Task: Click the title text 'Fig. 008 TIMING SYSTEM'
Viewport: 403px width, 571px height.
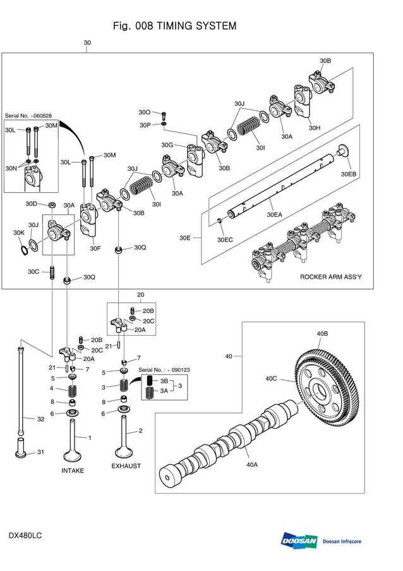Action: click(x=174, y=26)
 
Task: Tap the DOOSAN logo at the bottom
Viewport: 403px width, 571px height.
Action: click(x=299, y=541)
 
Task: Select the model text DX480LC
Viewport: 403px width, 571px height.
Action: click(x=25, y=536)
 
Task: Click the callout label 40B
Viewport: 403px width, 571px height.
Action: click(x=322, y=333)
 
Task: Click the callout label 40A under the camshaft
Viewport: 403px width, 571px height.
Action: click(x=251, y=464)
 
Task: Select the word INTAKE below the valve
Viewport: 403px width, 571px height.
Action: click(x=73, y=470)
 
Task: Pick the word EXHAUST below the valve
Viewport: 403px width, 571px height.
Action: click(x=126, y=466)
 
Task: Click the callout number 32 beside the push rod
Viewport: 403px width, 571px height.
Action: click(x=40, y=419)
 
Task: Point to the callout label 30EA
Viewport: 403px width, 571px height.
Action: click(x=274, y=215)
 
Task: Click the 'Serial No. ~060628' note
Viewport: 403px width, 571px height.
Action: click(x=28, y=116)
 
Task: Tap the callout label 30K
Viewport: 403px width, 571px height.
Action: click(x=18, y=233)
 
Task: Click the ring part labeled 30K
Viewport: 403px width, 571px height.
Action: click(x=24, y=250)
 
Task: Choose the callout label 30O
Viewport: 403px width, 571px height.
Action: click(x=145, y=112)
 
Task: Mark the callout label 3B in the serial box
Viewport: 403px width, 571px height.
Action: click(x=164, y=381)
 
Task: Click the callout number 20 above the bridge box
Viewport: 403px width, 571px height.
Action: click(x=140, y=295)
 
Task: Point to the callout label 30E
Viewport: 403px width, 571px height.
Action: click(x=185, y=238)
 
